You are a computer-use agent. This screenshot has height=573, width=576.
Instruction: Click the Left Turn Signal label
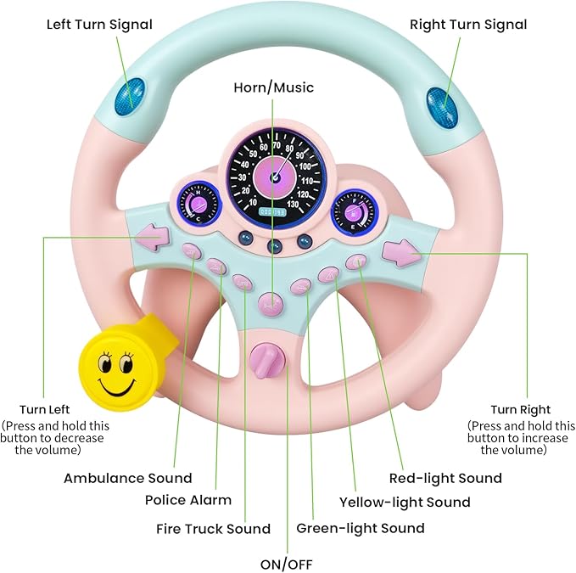pyautogui.click(x=98, y=24)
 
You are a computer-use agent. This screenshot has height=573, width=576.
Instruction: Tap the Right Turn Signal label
pyautogui.click(x=468, y=24)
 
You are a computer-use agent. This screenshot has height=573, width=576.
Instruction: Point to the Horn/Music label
pyautogui.click(x=274, y=87)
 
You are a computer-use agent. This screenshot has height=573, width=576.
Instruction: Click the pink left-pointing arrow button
pyautogui.click(x=154, y=237)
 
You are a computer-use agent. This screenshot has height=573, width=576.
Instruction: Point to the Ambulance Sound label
pyautogui.click(x=128, y=478)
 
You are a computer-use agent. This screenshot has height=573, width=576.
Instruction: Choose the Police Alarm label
pyautogui.click(x=188, y=500)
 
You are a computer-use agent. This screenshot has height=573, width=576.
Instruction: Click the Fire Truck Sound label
pyautogui.click(x=213, y=529)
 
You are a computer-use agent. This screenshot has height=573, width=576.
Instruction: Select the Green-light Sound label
pyautogui.click(x=361, y=528)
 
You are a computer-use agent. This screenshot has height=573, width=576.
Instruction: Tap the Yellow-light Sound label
pyautogui.click(x=405, y=503)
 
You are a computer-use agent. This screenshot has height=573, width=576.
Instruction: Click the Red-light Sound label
pyautogui.click(x=445, y=478)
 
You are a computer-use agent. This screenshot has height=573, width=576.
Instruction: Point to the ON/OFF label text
pyautogui.click(x=286, y=563)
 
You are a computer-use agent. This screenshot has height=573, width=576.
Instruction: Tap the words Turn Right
pyautogui.click(x=520, y=409)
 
